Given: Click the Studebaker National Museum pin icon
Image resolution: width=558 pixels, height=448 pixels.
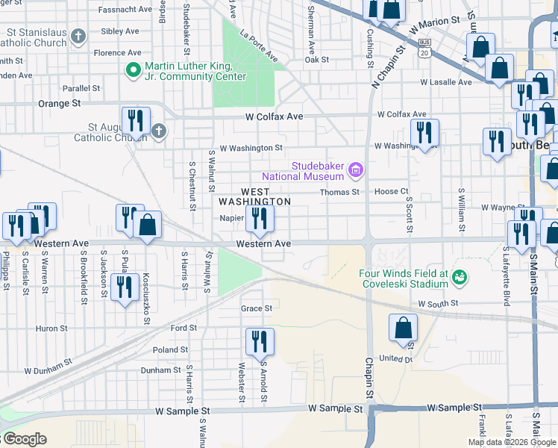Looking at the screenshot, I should point(356,171).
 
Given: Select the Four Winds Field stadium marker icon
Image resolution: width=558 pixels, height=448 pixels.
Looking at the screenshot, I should point(460,278).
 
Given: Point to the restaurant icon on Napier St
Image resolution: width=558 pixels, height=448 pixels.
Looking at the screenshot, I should point(260,218).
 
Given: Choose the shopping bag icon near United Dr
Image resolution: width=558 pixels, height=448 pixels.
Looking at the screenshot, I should point(403,327).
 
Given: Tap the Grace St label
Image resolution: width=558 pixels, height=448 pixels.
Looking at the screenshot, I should point(256,308).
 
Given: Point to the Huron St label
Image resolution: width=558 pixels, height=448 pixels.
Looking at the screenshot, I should point(51,328).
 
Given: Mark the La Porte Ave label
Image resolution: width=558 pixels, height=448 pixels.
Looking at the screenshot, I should point(259,45).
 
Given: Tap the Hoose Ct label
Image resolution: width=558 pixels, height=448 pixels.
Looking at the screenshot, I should point(392,192).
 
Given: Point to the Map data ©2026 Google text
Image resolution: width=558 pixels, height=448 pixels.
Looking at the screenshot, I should point(511,442).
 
